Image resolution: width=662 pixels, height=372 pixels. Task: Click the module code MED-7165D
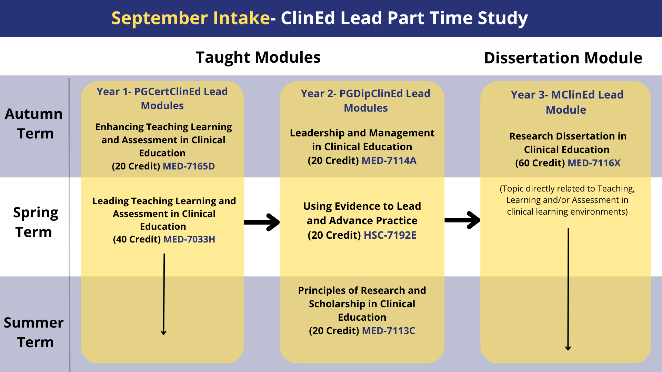tap(189, 166)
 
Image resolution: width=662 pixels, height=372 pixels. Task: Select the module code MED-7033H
tap(189, 239)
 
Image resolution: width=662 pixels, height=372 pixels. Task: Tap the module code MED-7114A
tap(389, 161)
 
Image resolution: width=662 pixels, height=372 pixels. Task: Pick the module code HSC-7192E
tap(390, 235)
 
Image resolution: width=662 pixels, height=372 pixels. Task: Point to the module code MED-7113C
tap(388, 331)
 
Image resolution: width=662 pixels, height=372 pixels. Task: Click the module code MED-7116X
tap(594, 163)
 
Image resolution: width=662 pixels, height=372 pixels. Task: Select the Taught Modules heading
tap(258, 57)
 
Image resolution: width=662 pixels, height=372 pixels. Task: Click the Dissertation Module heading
tap(563, 58)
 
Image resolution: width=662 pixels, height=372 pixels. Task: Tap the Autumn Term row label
tap(34, 124)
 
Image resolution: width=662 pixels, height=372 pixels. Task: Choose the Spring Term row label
tap(35, 222)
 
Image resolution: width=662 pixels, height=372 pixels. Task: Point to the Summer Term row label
tap(34, 332)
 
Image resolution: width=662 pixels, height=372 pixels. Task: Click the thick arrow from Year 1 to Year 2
tap(262, 222)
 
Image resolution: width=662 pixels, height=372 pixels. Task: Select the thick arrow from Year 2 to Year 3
tap(462, 220)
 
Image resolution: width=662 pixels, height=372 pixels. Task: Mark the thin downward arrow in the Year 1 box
tap(164, 294)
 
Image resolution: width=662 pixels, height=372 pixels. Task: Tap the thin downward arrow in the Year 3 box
tap(568, 289)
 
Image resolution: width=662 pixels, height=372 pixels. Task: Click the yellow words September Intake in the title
tap(190, 18)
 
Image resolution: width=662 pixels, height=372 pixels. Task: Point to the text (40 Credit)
tap(137, 239)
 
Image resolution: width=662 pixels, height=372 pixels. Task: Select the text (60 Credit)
tap(540, 163)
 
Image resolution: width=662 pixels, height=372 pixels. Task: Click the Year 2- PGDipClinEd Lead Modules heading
tap(365, 101)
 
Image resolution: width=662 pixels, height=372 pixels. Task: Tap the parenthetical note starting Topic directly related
tap(567, 200)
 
